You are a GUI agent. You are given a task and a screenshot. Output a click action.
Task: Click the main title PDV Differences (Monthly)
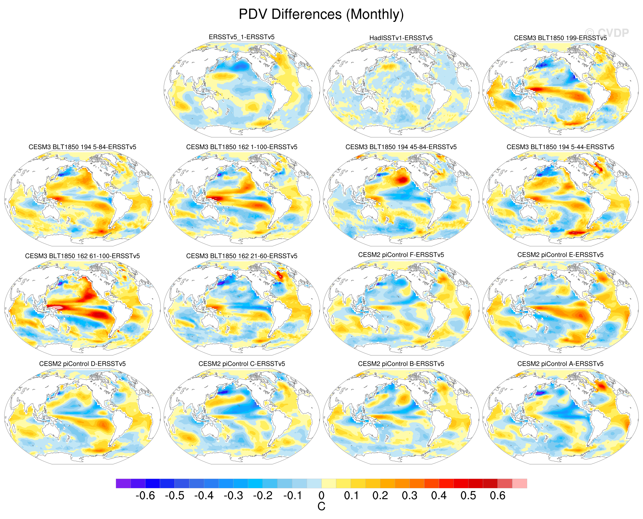click(x=321, y=14)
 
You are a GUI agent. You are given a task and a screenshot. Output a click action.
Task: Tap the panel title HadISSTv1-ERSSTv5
click(x=401, y=38)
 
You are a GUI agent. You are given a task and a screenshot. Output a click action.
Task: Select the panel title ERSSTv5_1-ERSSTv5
click(x=241, y=37)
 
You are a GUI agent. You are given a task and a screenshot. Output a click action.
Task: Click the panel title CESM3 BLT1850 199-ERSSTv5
click(x=560, y=38)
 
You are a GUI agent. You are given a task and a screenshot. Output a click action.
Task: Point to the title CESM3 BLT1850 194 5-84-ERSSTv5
click(x=82, y=147)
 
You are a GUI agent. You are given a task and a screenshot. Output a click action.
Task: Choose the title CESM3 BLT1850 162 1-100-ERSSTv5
click(x=242, y=147)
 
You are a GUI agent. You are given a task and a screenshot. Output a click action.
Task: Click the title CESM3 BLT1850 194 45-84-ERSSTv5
click(x=401, y=147)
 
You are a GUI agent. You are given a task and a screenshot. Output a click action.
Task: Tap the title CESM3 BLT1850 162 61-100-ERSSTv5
click(x=82, y=256)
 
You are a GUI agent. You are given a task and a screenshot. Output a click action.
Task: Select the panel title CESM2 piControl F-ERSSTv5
click(x=401, y=255)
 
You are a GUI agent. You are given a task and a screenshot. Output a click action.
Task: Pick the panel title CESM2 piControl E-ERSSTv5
click(x=560, y=255)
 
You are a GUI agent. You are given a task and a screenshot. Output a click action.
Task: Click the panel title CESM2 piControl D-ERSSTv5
click(x=82, y=364)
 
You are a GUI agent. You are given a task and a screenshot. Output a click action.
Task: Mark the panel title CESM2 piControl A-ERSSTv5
click(x=560, y=364)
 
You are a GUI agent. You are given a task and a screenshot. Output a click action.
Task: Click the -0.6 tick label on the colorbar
click(x=145, y=496)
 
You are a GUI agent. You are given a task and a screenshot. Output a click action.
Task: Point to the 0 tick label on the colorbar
click(x=321, y=496)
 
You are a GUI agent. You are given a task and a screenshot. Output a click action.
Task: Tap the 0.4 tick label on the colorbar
click(x=438, y=496)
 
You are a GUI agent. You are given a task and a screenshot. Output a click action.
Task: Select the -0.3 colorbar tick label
click(x=233, y=496)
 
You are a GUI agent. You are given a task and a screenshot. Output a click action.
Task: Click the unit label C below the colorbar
click(x=321, y=507)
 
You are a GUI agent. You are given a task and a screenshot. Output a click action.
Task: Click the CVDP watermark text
click(x=607, y=33)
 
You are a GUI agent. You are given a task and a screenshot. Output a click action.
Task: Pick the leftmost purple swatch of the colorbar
click(x=123, y=483)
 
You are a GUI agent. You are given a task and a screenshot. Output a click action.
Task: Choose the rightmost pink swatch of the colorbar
click(x=519, y=483)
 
